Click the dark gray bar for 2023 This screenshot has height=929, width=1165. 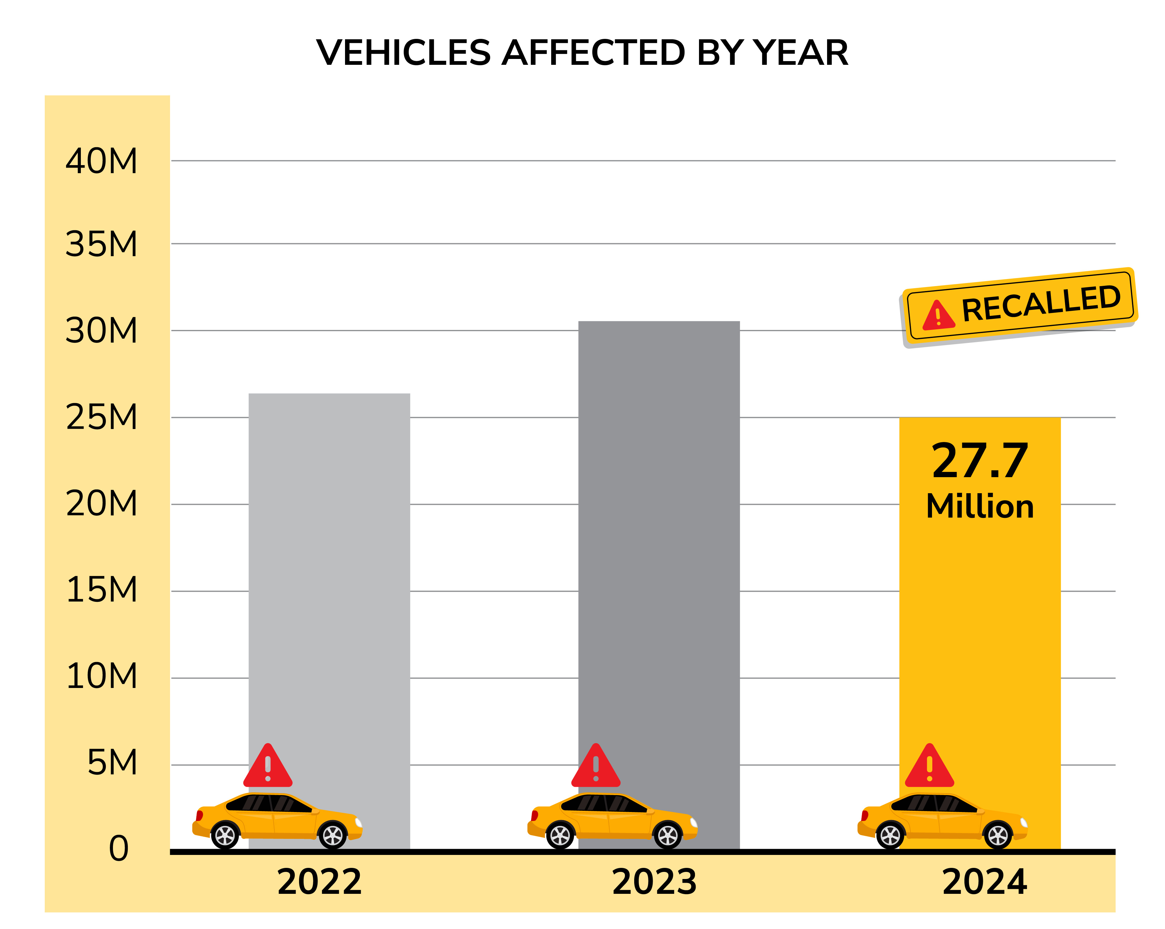pos(659,540)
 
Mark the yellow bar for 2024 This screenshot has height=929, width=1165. pos(980,622)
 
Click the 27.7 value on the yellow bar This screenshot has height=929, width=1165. pos(980,461)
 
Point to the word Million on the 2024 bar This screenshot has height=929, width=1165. pos(980,507)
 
